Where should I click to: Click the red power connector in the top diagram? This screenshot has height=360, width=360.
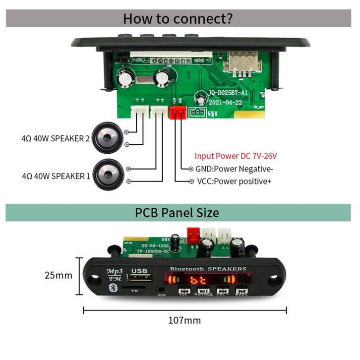(177, 113)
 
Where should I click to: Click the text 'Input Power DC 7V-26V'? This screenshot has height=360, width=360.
(236, 156)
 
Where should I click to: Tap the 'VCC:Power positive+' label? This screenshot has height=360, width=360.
(234, 181)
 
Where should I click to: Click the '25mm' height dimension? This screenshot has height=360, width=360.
(58, 275)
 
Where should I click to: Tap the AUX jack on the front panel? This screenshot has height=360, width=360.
(161, 289)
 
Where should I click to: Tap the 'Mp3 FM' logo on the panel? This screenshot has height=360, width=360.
(114, 274)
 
